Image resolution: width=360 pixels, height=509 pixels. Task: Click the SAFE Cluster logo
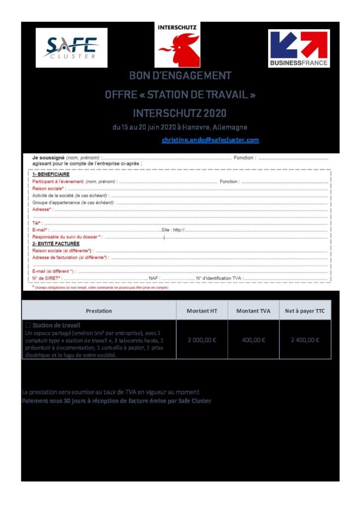pos(72,48)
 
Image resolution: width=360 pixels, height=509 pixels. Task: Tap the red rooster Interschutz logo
pos(178,46)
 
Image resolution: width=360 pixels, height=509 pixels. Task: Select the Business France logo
pos(298,48)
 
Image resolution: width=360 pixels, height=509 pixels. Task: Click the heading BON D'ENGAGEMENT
pos(180,76)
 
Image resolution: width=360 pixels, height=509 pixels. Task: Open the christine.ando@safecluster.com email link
pos(210,140)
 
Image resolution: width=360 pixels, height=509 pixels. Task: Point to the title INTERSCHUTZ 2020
pos(180,113)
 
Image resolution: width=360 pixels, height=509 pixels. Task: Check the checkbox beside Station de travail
pos(28,325)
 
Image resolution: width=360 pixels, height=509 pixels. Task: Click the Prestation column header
pos(99,311)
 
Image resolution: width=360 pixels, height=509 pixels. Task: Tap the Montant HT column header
pos(202,311)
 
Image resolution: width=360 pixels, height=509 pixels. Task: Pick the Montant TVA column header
pos(253,311)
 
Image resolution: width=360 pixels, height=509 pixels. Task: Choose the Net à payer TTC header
pos(305,311)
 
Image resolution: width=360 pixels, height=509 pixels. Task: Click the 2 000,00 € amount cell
pos(202,340)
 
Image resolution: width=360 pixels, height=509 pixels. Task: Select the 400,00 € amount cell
pos(253,340)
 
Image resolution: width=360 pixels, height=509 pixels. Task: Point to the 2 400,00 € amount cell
pos(305,340)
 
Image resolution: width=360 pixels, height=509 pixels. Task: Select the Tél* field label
pos(37,223)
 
